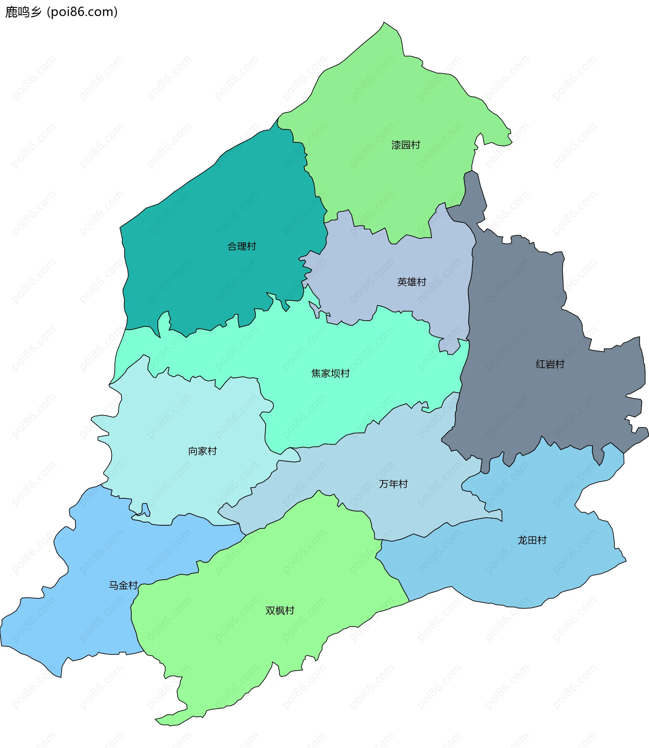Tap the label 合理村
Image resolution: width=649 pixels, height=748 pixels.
pos(242,246)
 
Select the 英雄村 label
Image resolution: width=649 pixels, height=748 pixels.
pos(411,282)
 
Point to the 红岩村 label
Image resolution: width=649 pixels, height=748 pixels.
pos(550,364)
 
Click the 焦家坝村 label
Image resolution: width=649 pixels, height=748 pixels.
pos(330,373)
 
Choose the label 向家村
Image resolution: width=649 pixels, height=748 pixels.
pos(202,451)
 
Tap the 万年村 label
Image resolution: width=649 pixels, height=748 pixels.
pos(393,484)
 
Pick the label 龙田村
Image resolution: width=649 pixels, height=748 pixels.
pos(532,540)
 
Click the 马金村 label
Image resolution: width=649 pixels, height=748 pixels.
pos(123,585)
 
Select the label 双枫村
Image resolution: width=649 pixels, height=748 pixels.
pos(280,611)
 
